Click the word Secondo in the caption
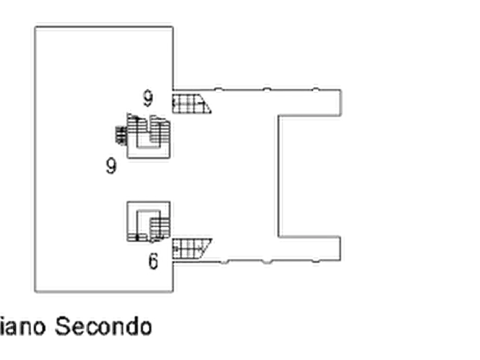pos(104,326)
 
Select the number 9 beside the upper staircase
pos(112,164)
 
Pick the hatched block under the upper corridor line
pos(191,103)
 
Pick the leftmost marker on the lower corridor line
pos(224,262)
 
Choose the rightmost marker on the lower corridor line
pos(316,262)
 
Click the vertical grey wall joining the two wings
pos(277,175)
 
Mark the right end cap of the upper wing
pos(341,103)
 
